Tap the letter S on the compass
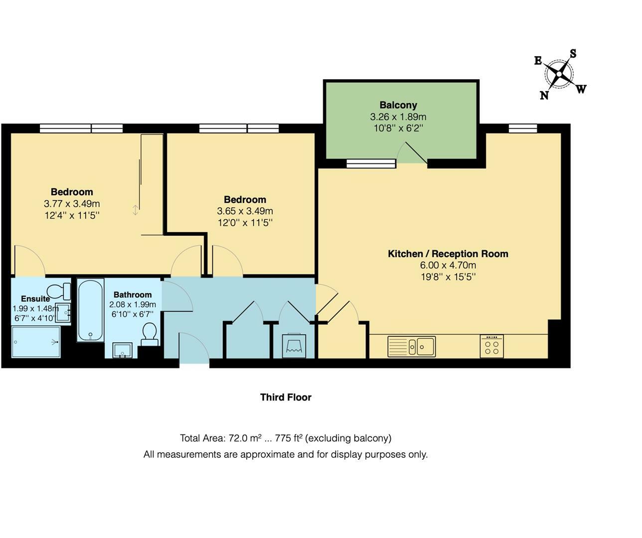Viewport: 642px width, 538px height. [573, 54]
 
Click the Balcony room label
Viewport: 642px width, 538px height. [398, 105]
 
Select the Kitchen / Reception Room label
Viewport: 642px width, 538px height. [448, 254]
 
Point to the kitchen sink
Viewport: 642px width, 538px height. [411, 346]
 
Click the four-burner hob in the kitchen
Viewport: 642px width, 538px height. [491, 346]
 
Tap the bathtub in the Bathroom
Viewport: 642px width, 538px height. [90, 310]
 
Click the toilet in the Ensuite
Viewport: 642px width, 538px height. [60, 291]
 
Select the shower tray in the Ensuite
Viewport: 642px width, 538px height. [36, 342]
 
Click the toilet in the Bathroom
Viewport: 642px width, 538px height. [150, 333]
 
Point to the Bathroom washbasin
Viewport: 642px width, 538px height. [123, 350]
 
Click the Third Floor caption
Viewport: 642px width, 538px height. [286, 397]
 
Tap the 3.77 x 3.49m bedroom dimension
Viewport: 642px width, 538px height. [72, 204]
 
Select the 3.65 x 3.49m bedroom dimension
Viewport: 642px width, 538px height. [245, 211]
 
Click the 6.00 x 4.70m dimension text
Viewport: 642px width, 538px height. [448, 266]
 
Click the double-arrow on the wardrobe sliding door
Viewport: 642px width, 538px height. [136, 210]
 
